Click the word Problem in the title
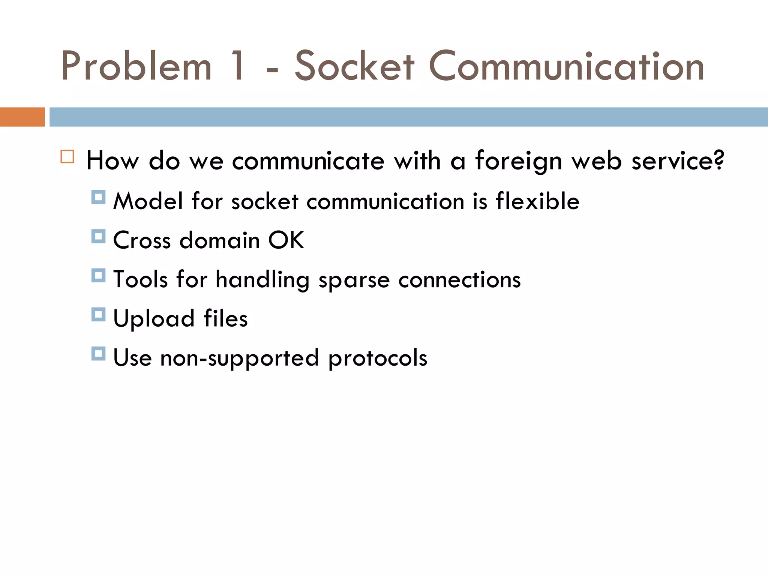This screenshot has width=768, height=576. tap(136, 66)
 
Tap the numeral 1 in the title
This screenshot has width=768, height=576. tap(238, 66)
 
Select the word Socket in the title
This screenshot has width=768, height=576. tap(355, 66)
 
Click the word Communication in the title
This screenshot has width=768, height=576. tap(566, 66)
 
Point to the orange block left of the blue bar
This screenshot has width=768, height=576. tap(22, 117)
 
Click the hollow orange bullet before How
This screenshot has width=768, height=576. tap(67, 156)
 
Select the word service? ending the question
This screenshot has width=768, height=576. tap(678, 160)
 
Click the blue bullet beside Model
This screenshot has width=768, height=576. tap(98, 197)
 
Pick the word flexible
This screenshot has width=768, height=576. tap(537, 201)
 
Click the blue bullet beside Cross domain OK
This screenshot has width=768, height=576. tap(98, 236)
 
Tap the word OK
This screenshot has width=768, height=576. tap(286, 240)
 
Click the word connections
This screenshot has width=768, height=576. tap(459, 280)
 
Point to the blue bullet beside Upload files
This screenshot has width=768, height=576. tap(98, 315)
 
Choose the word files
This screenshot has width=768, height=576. tap(225, 318)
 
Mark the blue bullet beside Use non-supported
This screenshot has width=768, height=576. tap(98, 354)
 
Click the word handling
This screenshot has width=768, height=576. tap(262, 280)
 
